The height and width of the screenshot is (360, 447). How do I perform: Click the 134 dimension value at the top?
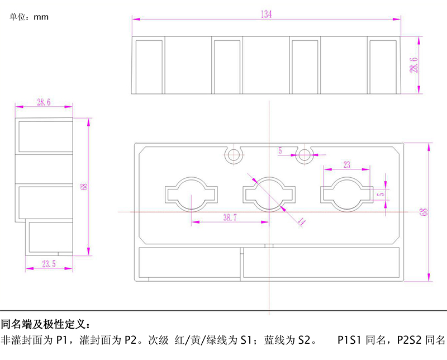pos(265,15)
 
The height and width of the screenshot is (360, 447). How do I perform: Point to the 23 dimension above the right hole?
pos(347,164)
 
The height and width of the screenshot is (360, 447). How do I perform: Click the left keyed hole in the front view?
pos(191,193)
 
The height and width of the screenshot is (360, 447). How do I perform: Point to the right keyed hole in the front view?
pos(346,193)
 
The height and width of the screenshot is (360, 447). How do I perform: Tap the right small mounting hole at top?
pos(305,155)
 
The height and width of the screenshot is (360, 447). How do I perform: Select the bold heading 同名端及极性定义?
pos(45,324)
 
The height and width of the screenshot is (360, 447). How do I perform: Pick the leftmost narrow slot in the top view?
pos(149,65)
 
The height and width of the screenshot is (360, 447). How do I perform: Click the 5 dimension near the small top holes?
pos(280,150)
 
